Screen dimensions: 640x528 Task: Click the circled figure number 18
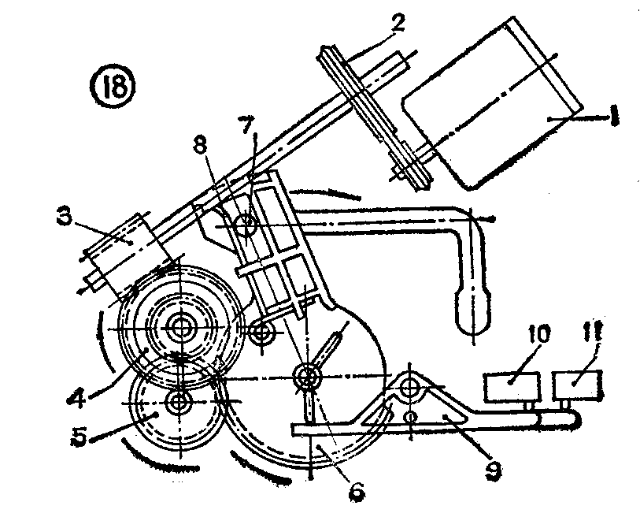pyautogui.click(x=112, y=87)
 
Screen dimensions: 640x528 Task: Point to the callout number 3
pyautogui.click(x=65, y=218)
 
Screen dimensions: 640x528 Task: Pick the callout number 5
pyautogui.click(x=80, y=437)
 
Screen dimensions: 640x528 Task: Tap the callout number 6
pyautogui.click(x=356, y=492)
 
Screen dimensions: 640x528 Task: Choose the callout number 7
pyautogui.click(x=247, y=127)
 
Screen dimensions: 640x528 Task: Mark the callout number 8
pyautogui.click(x=201, y=144)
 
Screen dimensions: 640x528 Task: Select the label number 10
pyautogui.click(x=538, y=335)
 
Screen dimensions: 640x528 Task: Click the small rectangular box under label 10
pyautogui.click(x=512, y=387)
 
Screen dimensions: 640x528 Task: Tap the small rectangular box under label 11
pyautogui.click(x=577, y=385)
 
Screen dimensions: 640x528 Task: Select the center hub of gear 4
pyautogui.click(x=179, y=328)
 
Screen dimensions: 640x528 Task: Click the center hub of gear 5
pyautogui.click(x=179, y=402)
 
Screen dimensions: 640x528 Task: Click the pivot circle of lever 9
pyautogui.click(x=409, y=387)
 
